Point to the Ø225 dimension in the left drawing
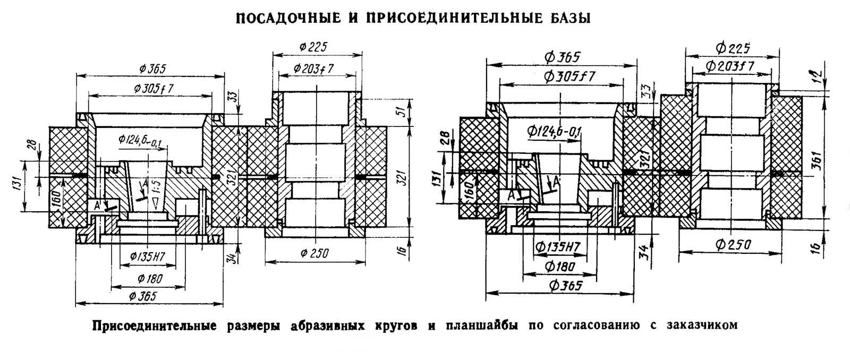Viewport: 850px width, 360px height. tap(313, 47)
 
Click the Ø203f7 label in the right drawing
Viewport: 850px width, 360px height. tap(730, 66)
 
